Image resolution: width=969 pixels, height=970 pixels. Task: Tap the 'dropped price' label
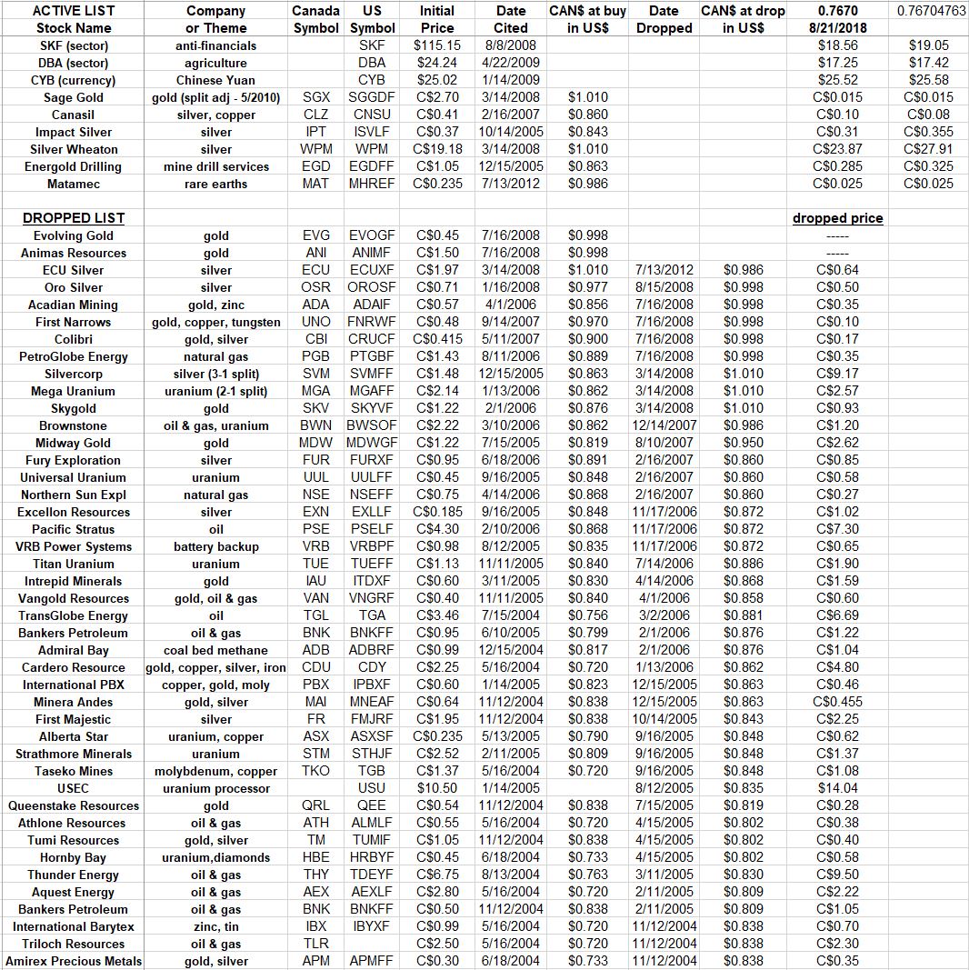coord(837,218)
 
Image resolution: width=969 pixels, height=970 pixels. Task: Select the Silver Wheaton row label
coord(74,149)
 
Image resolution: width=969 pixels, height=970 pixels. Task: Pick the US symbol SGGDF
coord(372,97)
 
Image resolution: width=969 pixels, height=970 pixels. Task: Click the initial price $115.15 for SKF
coord(437,45)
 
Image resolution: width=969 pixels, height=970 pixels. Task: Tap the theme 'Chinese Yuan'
coord(215,80)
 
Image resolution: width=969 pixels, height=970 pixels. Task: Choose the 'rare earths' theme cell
coord(215,184)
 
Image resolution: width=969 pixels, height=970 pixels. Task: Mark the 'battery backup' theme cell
coord(215,546)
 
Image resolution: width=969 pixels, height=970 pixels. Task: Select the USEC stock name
coord(73,788)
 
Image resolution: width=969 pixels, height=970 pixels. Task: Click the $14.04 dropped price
coord(837,788)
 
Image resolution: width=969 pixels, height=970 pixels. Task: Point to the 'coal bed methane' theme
coord(215,650)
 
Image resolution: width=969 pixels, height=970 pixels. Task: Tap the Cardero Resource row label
coord(73,667)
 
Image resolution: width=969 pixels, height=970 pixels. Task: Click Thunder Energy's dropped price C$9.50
coord(837,875)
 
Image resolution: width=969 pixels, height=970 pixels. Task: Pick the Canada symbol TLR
coord(316,944)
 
